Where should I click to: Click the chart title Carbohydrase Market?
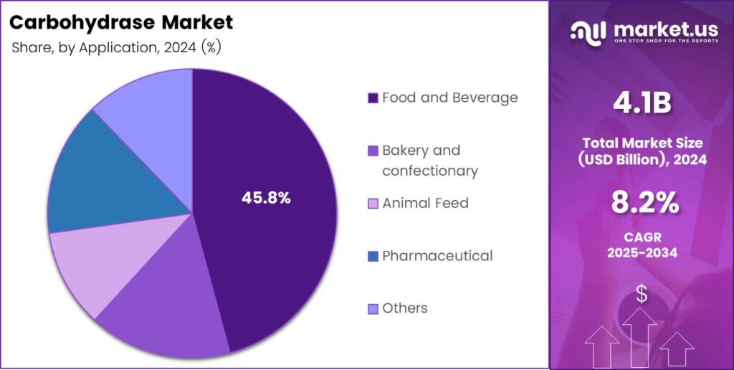121,22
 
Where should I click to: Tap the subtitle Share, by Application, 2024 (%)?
115,49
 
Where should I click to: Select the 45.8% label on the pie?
266,199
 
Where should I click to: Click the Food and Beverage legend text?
449,98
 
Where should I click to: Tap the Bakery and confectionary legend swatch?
372,151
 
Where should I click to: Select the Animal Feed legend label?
425,203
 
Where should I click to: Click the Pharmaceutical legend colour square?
372,256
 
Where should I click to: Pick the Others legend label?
404,308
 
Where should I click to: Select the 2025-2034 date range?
642,254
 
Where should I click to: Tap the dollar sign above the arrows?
642,294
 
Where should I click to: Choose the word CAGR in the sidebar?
642,237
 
